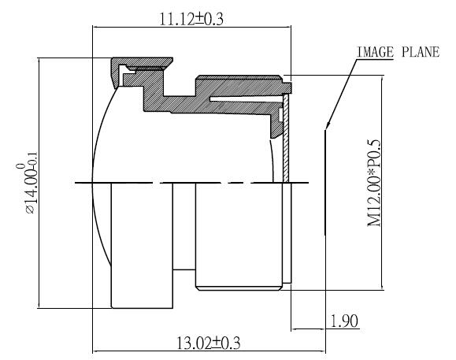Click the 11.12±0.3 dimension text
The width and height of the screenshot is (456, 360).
(192, 20)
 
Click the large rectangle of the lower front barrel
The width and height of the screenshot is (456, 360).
(143, 244)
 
